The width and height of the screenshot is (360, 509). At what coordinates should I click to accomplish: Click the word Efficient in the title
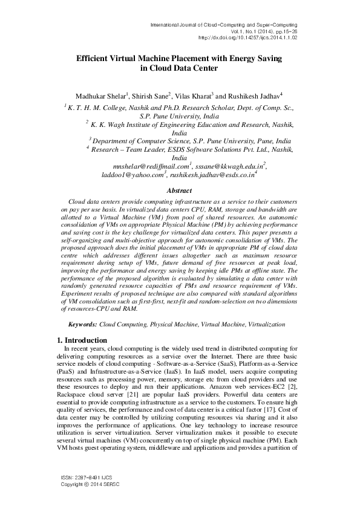coord(94,59)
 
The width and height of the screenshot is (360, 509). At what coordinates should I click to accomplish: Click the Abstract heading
coord(179,190)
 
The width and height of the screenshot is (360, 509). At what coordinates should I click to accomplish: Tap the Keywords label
coord(82,325)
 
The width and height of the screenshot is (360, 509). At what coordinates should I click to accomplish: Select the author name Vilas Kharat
coord(195,96)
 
